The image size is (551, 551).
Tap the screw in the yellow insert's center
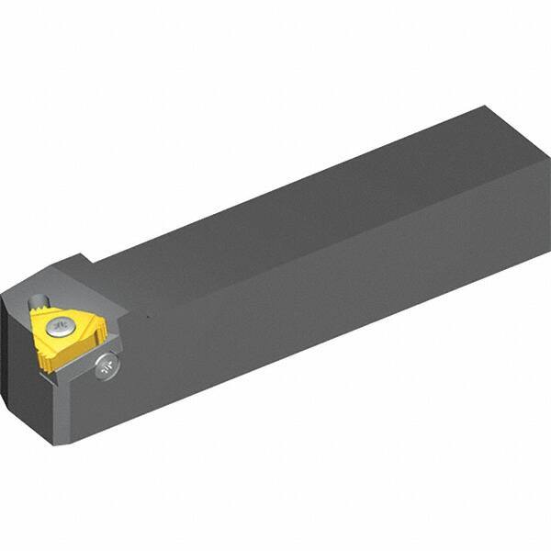tap(61, 326)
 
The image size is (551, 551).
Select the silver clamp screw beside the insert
tap(107, 366)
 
